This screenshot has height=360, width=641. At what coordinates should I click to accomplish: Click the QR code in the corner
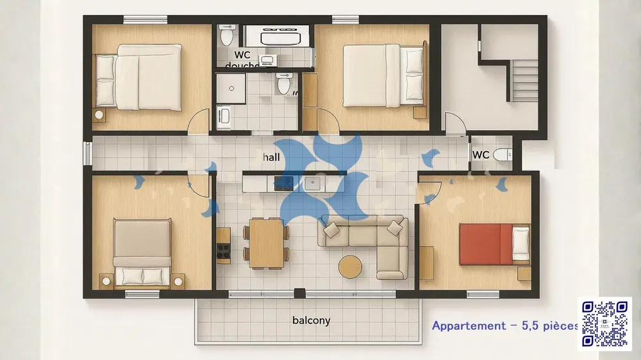[604, 323]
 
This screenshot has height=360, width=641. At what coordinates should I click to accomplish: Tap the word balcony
[311, 320]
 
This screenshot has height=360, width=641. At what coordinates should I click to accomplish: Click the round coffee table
[351, 266]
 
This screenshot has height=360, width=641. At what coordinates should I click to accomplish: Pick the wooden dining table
[266, 242]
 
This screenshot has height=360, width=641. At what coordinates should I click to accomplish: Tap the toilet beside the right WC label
[504, 154]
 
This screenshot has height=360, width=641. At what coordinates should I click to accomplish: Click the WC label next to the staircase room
[481, 155]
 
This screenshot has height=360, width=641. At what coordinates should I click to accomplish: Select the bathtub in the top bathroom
[273, 36]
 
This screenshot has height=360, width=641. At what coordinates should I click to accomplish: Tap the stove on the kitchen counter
[283, 184]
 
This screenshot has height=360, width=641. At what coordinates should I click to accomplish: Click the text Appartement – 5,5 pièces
[505, 325]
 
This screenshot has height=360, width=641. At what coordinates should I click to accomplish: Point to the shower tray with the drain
[231, 87]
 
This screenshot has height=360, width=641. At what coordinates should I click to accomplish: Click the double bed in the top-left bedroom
[138, 76]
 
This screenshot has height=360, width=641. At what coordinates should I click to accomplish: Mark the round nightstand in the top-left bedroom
[99, 115]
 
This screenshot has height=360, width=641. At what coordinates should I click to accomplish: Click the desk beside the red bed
[427, 262]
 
